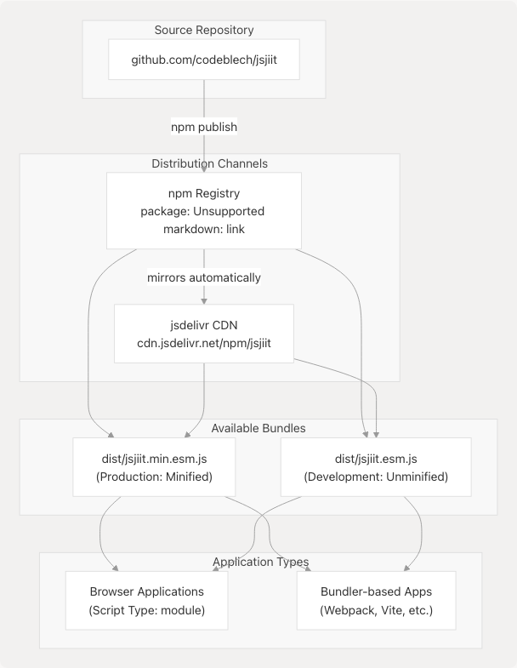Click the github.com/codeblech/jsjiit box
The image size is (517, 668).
pos(204,60)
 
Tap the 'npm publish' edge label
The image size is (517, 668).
pos(204,127)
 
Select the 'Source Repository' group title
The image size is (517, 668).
pos(204,31)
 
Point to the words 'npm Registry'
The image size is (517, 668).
pos(204,193)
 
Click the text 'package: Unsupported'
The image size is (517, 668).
pos(204,210)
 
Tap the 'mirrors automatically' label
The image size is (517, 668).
pos(204,277)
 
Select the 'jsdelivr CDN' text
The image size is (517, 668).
pos(204,325)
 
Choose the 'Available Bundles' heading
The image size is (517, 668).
pos(258,428)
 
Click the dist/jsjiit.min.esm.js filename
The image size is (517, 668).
pos(154,459)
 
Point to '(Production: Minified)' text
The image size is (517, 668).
pos(154,477)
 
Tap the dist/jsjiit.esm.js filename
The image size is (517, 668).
pos(376,459)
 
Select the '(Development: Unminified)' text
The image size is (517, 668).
pos(376,477)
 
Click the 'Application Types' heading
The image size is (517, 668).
pos(260,562)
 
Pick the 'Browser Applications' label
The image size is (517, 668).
pos(147,591)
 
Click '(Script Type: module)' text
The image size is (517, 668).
pos(147,609)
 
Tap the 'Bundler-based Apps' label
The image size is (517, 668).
pos(376,591)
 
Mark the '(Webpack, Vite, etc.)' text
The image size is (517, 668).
pos(376,609)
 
